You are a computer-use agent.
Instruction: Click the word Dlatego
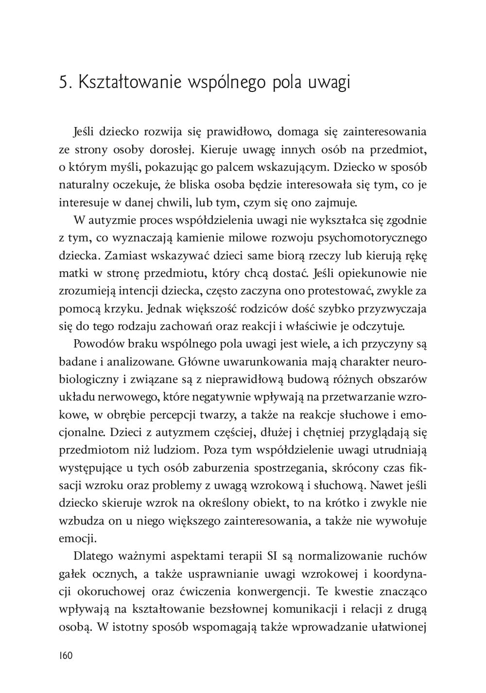pos(92,556)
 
